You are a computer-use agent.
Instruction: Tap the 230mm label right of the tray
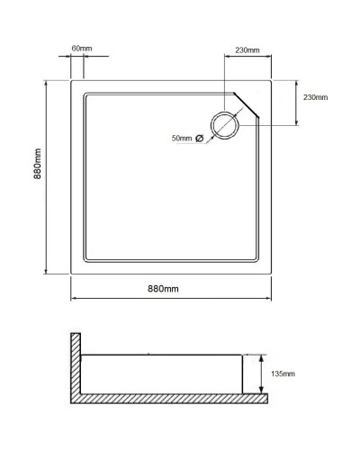point(315,97)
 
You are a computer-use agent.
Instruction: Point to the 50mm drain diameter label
point(182,138)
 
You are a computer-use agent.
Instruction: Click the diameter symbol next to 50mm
point(200,138)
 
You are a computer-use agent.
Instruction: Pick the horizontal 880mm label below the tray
point(164,288)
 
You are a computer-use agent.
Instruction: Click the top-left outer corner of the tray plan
point(72,80)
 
